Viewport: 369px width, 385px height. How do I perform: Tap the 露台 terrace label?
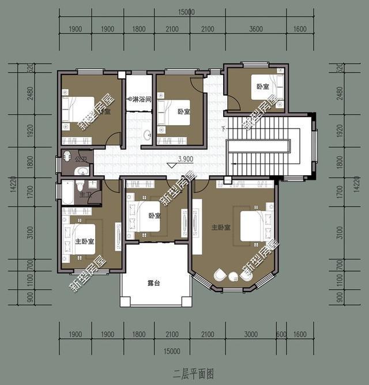(154, 284)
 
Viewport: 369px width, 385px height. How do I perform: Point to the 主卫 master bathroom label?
(84, 195)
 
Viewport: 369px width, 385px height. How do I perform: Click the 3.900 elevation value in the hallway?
(185, 159)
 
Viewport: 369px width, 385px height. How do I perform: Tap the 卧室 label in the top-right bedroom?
(263, 86)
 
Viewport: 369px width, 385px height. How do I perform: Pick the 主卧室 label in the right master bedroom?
(221, 228)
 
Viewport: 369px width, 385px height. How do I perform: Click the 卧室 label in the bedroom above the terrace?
(154, 216)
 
